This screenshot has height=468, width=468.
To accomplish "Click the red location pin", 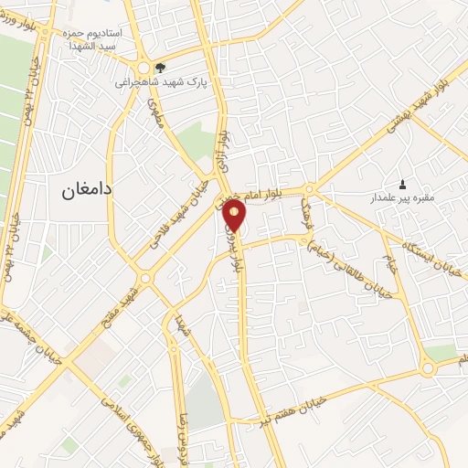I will pyautogui.click(x=235, y=215).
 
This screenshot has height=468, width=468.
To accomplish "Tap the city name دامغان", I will pyautogui.click(x=87, y=190).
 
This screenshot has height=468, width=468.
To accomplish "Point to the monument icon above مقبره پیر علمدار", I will pyautogui.click(x=403, y=183).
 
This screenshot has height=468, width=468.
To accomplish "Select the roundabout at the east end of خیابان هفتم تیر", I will pyautogui.click(x=429, y=368).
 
